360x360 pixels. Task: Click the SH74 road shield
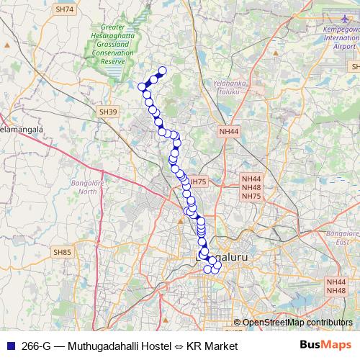(x=65, y=9)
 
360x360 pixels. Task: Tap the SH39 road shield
(x=108, y=112)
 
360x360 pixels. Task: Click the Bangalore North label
(x=88, y=187)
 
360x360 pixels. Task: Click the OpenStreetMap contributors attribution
(x=297, y=323)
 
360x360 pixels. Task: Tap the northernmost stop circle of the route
(x=162, y=71)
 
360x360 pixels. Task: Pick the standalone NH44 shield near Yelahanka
(x=228, y=131)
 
